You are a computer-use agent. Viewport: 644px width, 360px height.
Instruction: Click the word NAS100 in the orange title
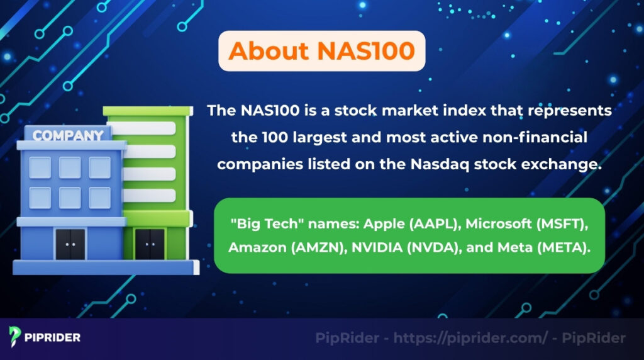(x=366, y=50)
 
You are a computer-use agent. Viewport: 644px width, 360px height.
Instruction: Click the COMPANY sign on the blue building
(x=68, y=135)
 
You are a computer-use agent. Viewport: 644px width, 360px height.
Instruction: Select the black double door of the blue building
(x=70, y=244)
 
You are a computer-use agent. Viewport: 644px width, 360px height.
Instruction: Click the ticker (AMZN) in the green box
(x=311, y=247)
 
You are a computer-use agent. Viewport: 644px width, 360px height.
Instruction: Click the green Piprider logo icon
(x=15, y=337)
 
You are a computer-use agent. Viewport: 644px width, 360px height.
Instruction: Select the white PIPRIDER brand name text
(x=53, y=337)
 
